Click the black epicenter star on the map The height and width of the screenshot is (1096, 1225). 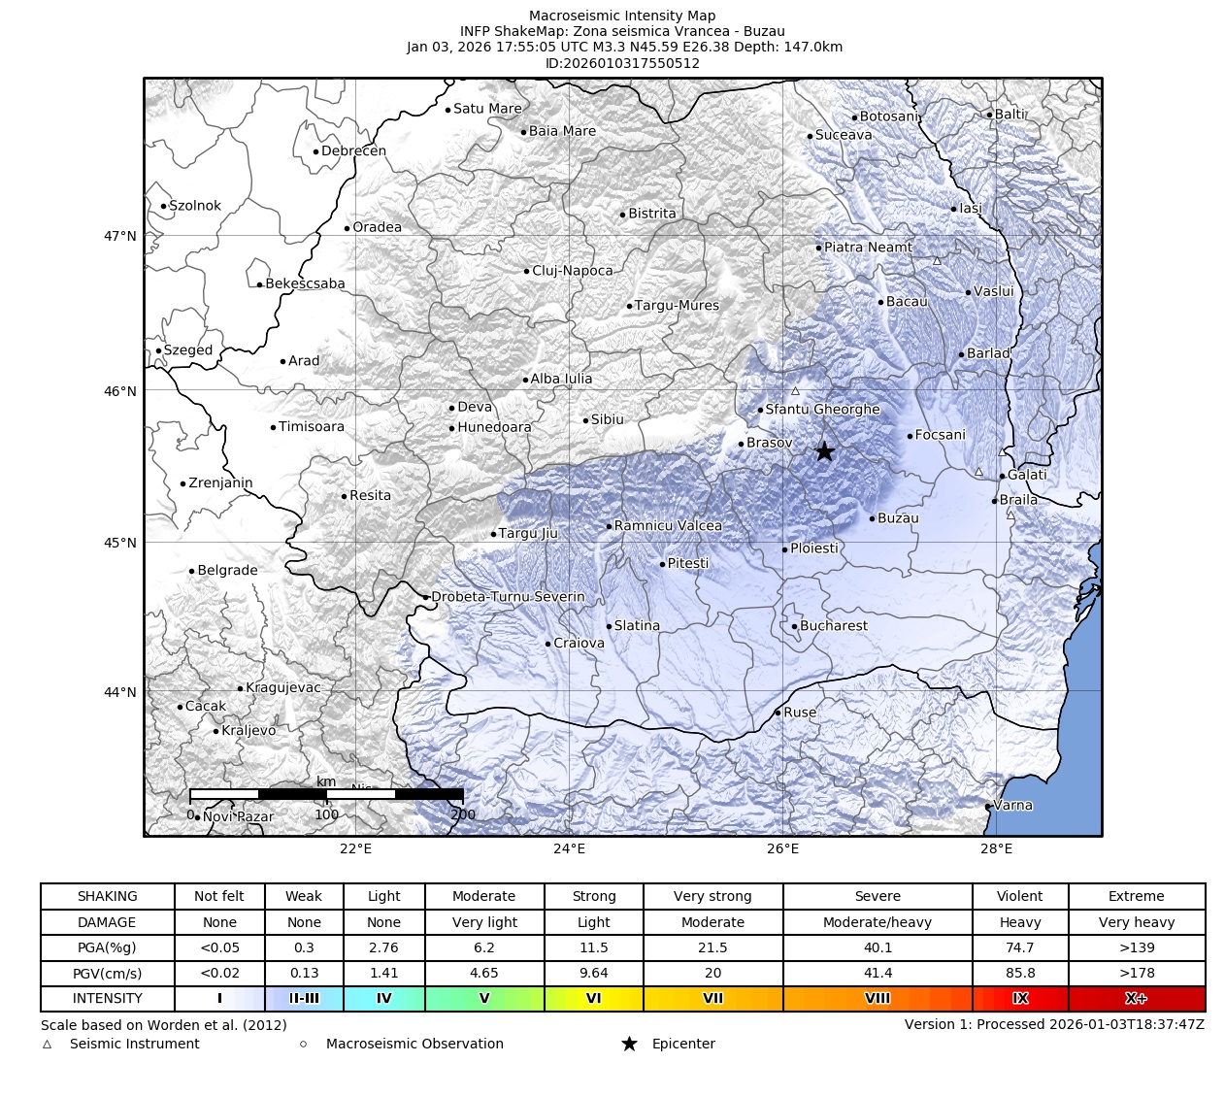point(824,452)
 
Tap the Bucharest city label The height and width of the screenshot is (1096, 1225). point(834,626)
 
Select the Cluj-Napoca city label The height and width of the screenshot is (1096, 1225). point(573,271)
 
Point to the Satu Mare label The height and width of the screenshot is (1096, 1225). point(487,109)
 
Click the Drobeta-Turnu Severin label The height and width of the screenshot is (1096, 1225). point(508,597)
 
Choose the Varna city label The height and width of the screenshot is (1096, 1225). point(1013,805)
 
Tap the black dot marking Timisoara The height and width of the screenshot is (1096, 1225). point(273,427)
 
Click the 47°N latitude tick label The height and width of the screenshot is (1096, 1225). point(120,236)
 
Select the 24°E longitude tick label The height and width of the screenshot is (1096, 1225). point(569,849)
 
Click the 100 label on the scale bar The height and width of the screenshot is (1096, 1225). point(326,814)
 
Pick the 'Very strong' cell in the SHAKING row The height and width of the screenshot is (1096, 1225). point(712,896)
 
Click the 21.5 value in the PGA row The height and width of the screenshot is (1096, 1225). point(712,947)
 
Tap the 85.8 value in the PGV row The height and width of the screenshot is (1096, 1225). point(1019,973)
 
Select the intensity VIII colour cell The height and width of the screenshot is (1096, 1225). point(877,998)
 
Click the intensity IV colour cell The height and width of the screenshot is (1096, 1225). point(383,998)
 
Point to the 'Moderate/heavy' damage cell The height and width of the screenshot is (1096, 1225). point(877,922)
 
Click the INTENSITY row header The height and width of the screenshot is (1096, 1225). point(107,998)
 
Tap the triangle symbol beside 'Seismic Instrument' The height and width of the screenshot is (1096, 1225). point(47,1045)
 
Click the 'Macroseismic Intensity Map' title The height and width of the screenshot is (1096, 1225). point(622,16)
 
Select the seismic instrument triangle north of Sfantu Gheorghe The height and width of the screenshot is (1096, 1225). point(795,391)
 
